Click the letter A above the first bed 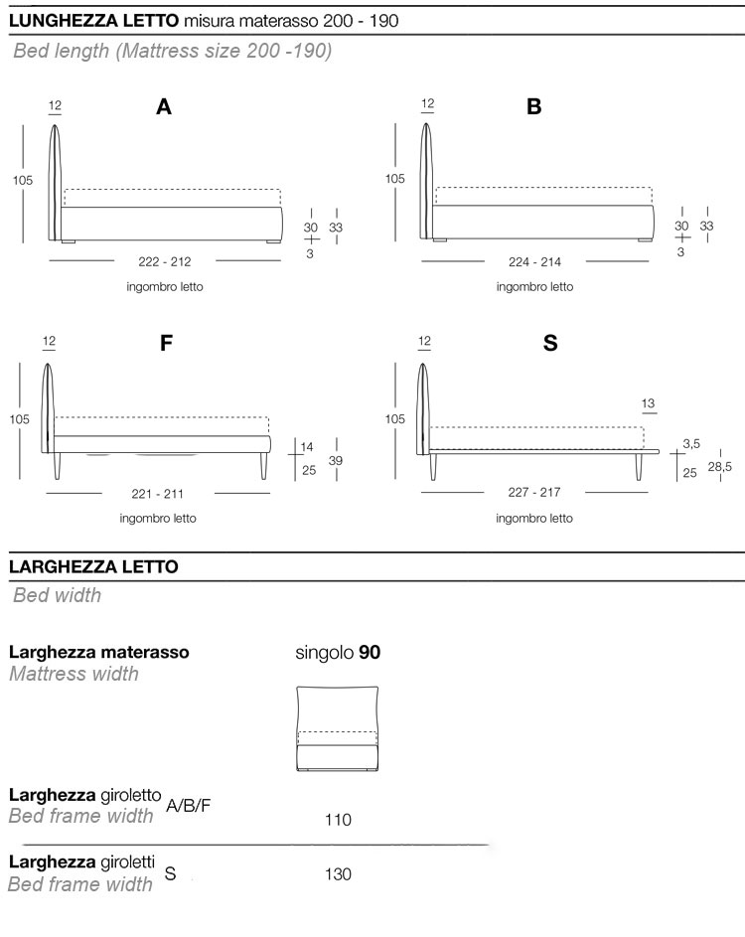pyautogui.click(x=164, y=107)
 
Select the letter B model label pyautogui.click(x=534, y=107)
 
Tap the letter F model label pyautogui.click(x=166, y=344)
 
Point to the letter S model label pyautogui.click(x=550, y=344)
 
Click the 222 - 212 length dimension pyautogui.click(x=166, y=261)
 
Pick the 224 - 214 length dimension pyautogui.click(x=535, y=261)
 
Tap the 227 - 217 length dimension pyautogui.click(x=534, y=494)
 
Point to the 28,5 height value pyautogui.click(x=721, y=467)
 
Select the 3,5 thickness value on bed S pyautogui.click(x=691, y=443)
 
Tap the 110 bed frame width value pyautogui.click(x=338, y=820)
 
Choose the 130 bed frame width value pyautogui.click(x=338, y=874)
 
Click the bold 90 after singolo pyautogui.click(x=370, y=652)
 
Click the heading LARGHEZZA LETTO pyautogui.click(x=93, y=566)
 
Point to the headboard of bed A pyautogui.click(x=55, y=179)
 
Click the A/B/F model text pyautogui.click(x=190, y=805)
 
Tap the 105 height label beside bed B pyautogui.click(x=395, y=179)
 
